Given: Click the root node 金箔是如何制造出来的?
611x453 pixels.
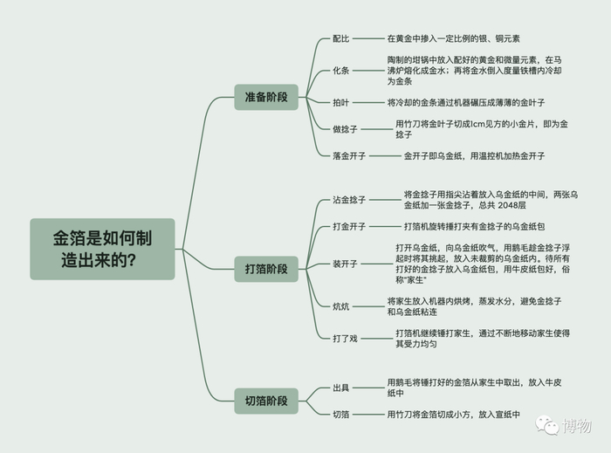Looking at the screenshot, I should (101, 249).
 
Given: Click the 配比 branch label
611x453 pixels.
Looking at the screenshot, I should (340, 39).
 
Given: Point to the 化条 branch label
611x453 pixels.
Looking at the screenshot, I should (340, 70).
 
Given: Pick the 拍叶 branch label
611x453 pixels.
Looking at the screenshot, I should (340, 102).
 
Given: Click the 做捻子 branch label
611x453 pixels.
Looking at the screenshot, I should (346, 129).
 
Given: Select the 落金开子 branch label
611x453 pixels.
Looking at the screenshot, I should (349, 156).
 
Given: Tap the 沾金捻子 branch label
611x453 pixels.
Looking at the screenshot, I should (349, 200).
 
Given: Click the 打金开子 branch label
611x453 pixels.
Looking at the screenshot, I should (349, 227).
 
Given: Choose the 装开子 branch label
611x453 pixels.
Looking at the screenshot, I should (344, 264).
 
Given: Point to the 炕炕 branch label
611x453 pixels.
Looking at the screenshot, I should (340, 306).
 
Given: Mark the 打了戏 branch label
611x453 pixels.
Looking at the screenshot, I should (344, 338).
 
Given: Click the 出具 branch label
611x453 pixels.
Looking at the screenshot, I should (340, 388).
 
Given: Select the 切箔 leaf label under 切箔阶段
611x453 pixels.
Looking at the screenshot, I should (340, 415).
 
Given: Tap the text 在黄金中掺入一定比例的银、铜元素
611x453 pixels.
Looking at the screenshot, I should (454, 39).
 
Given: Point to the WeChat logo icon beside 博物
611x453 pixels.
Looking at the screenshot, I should (548, 425).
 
